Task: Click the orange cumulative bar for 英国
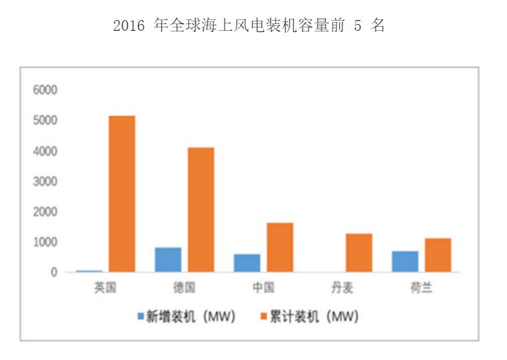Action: coord(122,194)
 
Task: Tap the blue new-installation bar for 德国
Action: coord(168,260)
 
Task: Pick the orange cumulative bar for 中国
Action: coord(280,247)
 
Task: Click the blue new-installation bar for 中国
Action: coord(247,263)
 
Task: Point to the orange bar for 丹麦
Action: coord(359,252)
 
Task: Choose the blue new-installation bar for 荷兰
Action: coord(405,262)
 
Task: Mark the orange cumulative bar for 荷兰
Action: coord(437,255)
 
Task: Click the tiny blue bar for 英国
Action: coord(89,271)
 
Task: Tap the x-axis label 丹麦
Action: coord(342,288)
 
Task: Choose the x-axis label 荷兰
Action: coord(421,288)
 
